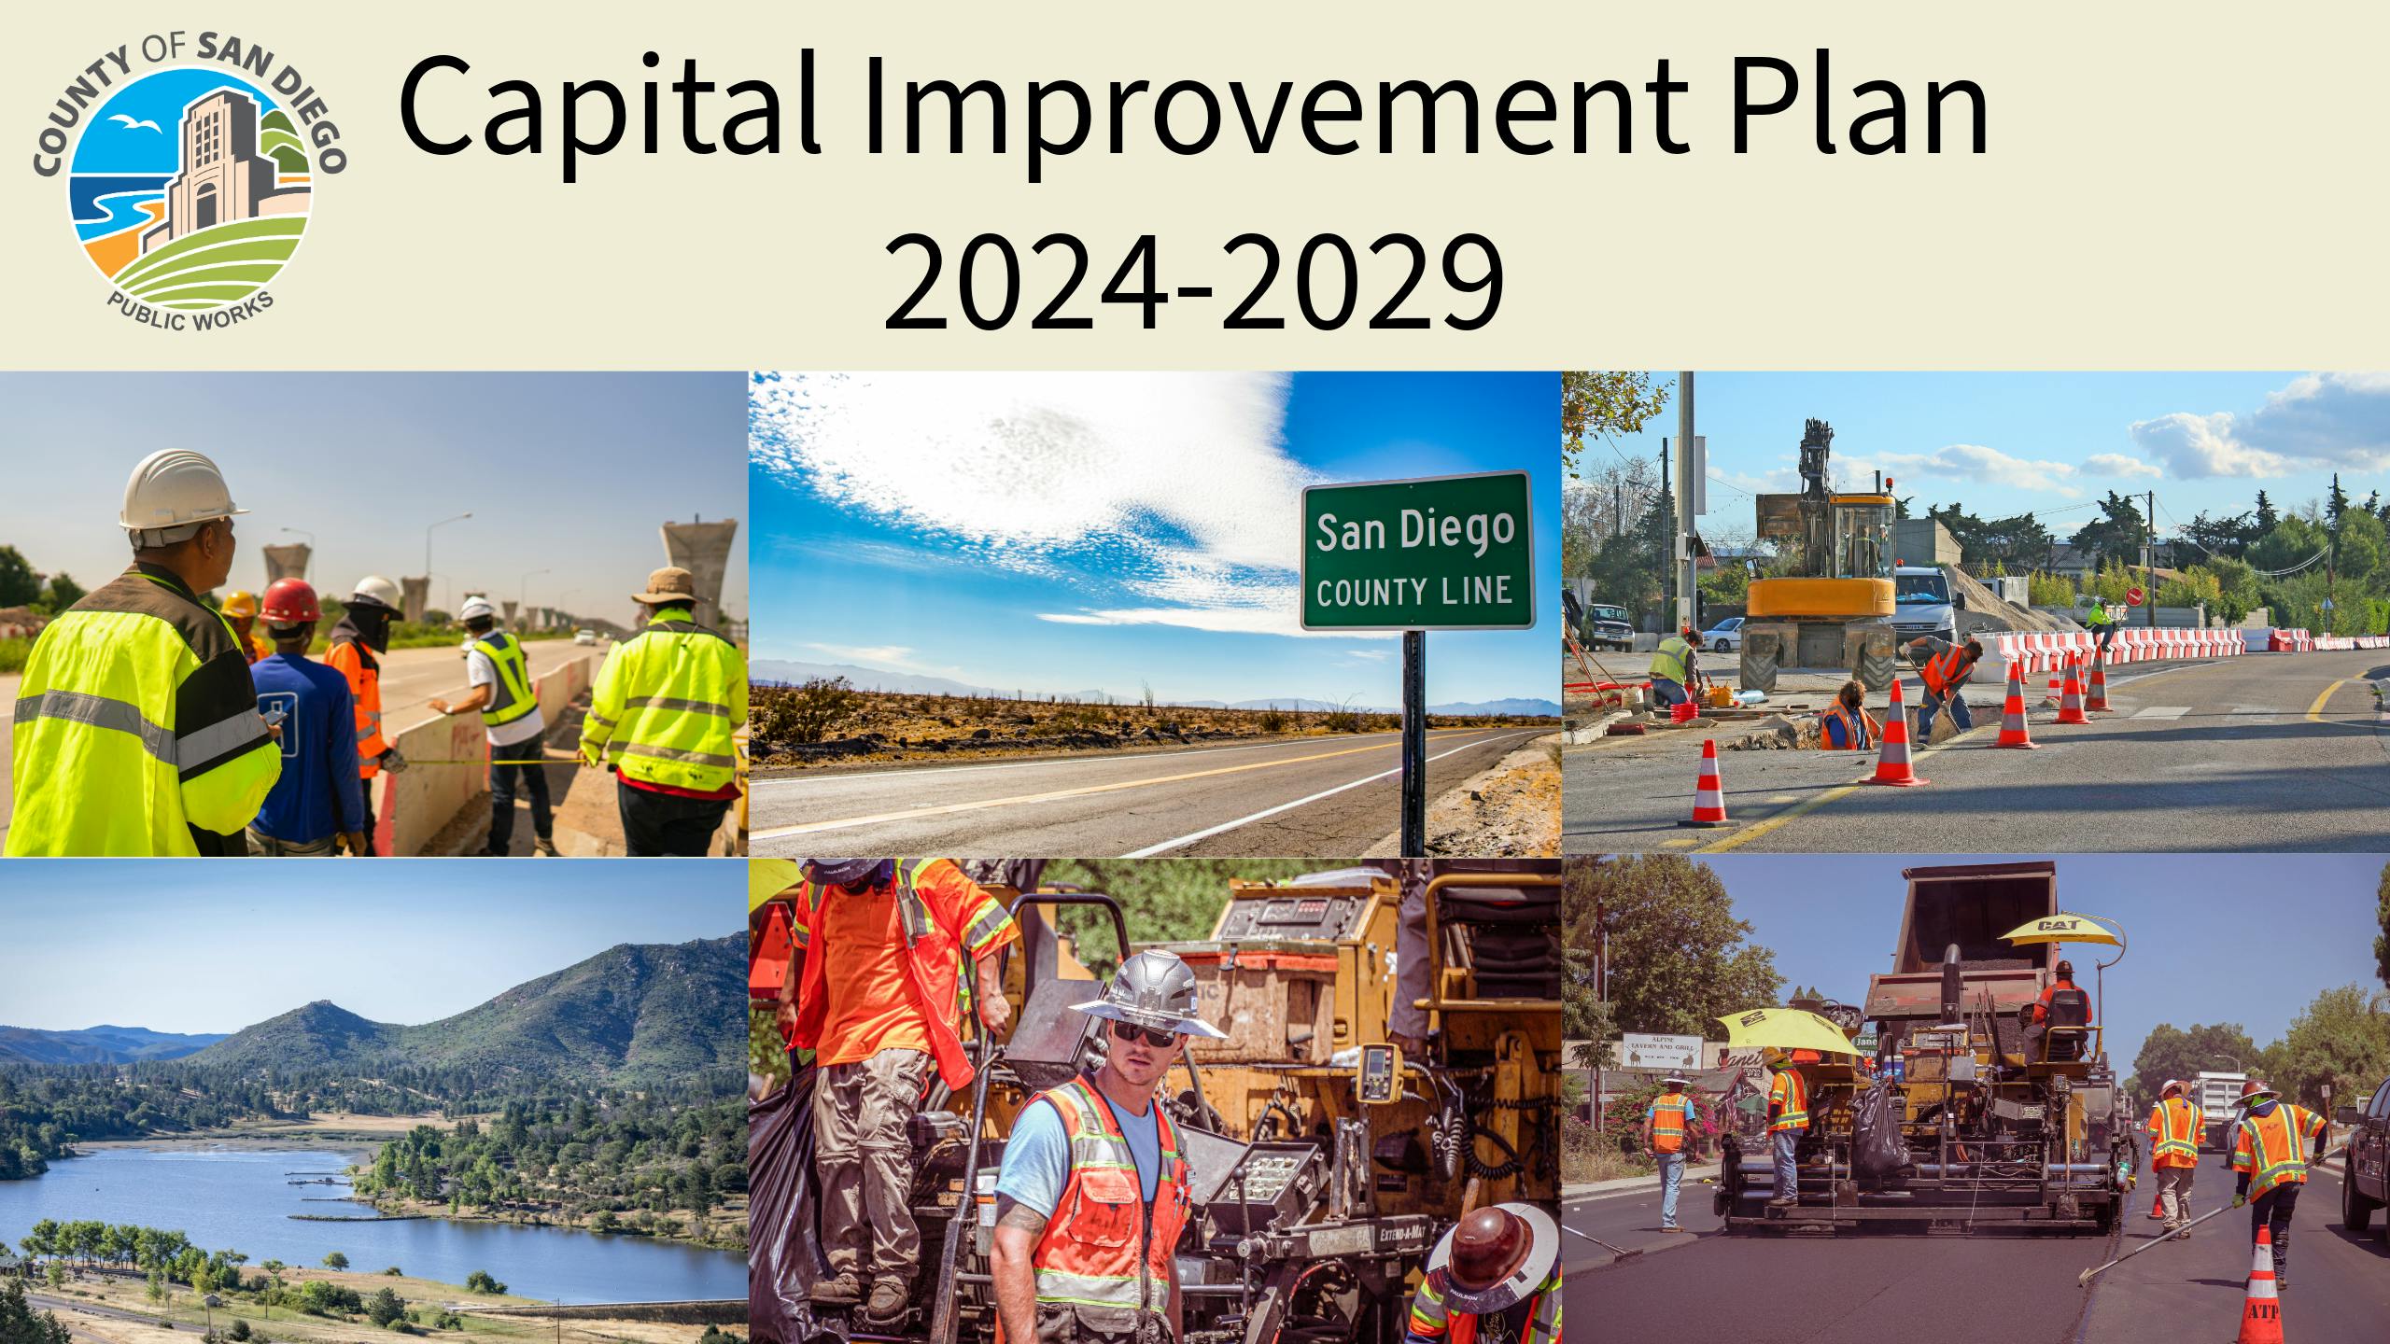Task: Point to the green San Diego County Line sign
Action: point(1416,551)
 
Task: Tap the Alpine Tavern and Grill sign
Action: point(1663,1051)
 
